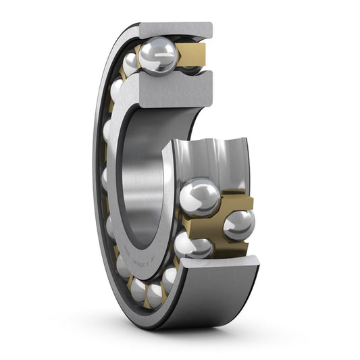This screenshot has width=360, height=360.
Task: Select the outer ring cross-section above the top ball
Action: [177, 30]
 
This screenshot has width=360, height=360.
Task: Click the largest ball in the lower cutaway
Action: [199, 197]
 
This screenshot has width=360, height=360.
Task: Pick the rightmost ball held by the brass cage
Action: [239, 225]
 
